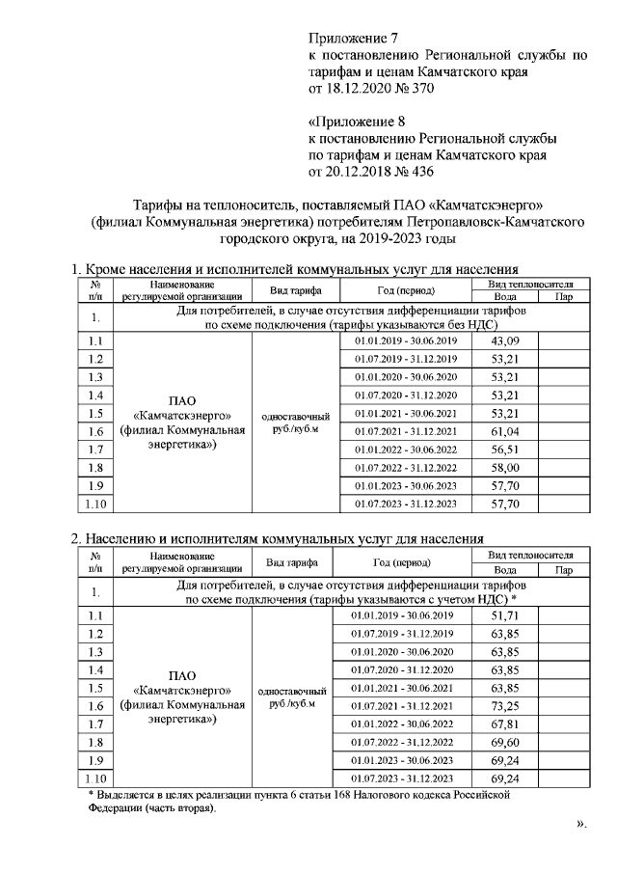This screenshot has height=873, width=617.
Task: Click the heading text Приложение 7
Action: click(x=352, y=39)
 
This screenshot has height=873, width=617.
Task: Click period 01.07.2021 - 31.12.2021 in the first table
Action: click(x=405, y=431)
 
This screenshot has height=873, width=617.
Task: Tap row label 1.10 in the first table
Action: click(x=94, y=504)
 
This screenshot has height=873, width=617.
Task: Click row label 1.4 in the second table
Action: click(x=94, y=670)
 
